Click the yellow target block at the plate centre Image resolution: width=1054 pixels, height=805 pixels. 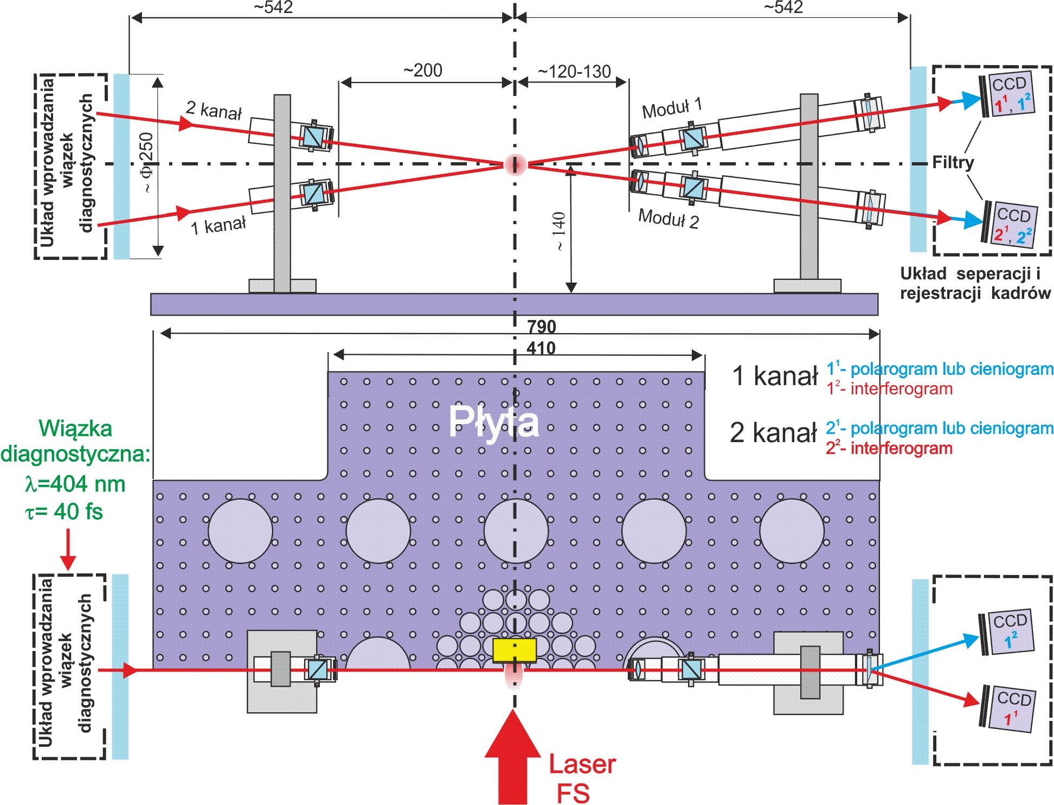tap(514, 650)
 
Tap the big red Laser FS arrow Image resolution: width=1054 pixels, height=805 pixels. tap(512, 759)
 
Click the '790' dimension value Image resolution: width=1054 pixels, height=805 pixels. tap(541, 327)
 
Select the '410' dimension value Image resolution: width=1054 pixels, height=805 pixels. tap(541, 348)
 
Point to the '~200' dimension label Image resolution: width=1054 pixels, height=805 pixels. tap(422, 71)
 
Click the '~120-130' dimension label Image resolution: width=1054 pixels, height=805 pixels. tap(574, 71)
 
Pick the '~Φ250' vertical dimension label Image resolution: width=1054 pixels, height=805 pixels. tap(146, 163)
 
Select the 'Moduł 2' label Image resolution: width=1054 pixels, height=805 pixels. tap(668, 218)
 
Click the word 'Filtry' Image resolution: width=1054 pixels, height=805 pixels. tap(953, 162)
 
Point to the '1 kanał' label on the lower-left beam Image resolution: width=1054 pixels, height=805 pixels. tap(218, 225)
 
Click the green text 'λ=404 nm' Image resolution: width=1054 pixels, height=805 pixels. tap(75, 483)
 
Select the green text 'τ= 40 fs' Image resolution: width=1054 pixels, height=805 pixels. tap(64, 512)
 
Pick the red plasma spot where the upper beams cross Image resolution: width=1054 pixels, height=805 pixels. tap(515, 164)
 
